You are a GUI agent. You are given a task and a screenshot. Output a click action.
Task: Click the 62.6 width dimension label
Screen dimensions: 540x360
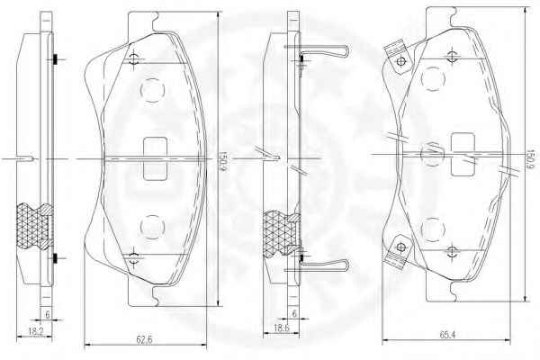[x=144, y=339]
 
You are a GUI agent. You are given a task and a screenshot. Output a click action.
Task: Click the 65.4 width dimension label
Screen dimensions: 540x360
[x=447, y=335]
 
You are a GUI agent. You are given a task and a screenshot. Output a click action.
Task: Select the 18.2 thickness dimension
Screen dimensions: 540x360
[x=35, y=332]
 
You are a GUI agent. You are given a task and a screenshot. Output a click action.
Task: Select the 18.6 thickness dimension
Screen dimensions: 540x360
[x=282, y=328]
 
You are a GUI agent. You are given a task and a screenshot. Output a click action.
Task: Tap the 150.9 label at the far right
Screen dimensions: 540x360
[x=530, y=159]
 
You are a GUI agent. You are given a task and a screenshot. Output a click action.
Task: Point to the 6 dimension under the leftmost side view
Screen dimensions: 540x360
[x=48, y=314]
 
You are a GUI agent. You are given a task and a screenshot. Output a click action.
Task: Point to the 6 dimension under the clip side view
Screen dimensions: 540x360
[x=294, y=313]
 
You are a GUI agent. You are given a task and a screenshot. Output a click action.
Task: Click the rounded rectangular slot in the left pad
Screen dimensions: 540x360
[x=156, y=158]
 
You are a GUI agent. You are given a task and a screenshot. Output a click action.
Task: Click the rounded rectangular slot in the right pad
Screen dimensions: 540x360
[x=463, y=154]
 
